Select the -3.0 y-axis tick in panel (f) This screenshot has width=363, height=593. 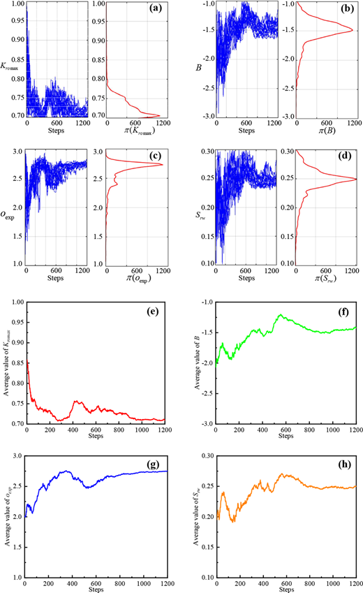tap(203, 424)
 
